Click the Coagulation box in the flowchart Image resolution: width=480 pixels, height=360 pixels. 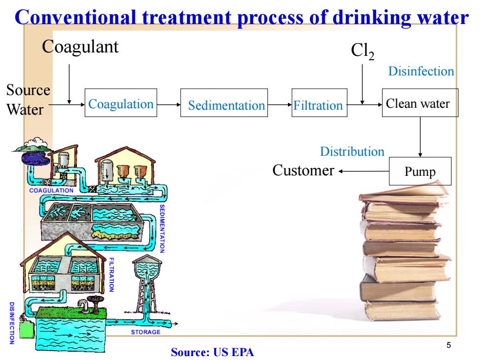coord(121,103)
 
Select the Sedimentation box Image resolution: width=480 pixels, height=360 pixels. coord(224,103)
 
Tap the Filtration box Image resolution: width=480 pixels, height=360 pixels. coord(319,103)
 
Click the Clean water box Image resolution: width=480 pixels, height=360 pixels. coord(420,103)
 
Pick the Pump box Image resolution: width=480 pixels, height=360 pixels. coord(420,171)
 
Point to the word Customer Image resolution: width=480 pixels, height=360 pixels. coord(303,170)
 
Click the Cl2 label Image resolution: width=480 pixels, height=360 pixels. coord(362,51)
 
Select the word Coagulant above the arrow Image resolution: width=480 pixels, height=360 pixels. coord(80,48)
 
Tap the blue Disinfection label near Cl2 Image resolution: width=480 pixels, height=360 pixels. coord(421,71)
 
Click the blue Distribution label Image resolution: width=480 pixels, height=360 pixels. coord(352,151)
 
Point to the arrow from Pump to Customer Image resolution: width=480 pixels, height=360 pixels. coord(363,171)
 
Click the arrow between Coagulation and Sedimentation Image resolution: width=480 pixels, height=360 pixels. coord(168,105)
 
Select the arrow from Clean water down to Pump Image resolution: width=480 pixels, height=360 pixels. coord(420,137)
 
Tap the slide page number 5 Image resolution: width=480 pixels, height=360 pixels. coord(449,345)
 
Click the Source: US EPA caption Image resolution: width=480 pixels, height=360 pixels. coord(213,352)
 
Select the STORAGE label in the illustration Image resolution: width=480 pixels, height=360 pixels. coord(146,332)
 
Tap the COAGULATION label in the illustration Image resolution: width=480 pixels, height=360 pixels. coord(51,191)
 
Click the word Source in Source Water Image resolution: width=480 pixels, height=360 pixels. coord(28,90)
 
